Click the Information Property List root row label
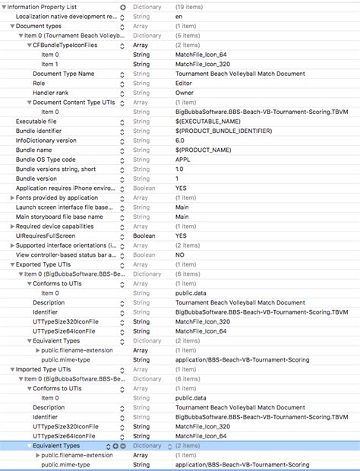44,6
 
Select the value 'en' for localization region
179,16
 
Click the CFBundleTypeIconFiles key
65,45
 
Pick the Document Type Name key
64,74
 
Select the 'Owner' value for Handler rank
185,93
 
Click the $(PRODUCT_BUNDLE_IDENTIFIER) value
217,131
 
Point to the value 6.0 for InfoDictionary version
181,140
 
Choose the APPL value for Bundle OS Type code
183,160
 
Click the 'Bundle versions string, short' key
56,169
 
